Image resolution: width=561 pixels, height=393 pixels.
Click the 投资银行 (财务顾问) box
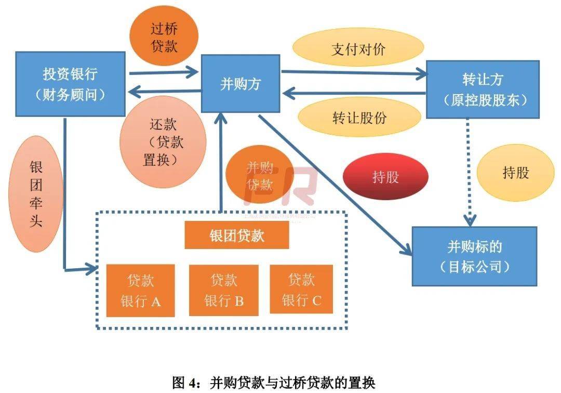tap(70, 84)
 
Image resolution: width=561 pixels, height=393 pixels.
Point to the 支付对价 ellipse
tap(358, 49)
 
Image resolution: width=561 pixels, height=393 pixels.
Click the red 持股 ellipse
tap(385, 177)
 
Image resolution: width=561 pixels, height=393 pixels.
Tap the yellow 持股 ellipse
tap(515, 173)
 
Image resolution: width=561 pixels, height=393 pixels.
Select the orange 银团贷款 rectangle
tap(237, 236)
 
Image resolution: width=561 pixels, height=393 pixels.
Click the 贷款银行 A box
tap(141, 291)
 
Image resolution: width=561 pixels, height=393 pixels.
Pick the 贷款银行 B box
tap(223, 291)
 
